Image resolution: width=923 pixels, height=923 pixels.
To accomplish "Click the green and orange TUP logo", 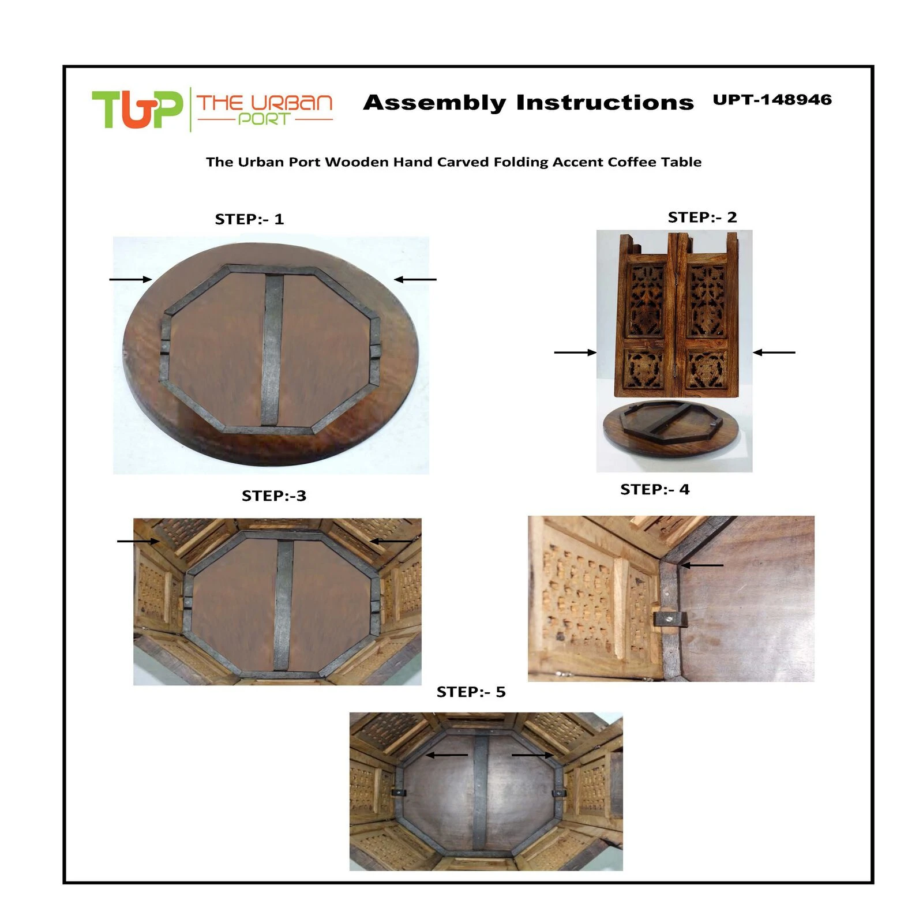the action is [137, 109].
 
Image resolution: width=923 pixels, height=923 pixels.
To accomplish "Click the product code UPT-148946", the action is [772, 100].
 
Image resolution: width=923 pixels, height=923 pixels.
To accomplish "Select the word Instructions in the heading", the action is [605, 102].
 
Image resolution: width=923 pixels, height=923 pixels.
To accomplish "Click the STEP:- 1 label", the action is [249, 219].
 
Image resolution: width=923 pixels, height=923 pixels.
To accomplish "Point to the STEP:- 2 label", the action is [702, 217].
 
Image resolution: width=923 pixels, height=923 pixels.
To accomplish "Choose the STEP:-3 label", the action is [274, 496].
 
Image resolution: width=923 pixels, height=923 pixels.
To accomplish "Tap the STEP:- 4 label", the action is [655, 490].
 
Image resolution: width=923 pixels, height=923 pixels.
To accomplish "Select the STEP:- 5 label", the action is [471, 692].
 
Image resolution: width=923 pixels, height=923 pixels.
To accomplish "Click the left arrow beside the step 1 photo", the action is [131, 280].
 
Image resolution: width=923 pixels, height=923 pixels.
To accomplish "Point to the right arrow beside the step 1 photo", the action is [415, 280].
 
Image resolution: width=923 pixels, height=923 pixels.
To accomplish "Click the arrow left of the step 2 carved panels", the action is [575, 352].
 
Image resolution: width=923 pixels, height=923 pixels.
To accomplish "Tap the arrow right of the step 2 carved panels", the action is [774, 352].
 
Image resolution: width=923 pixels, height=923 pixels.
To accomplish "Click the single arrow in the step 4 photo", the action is [701, 566].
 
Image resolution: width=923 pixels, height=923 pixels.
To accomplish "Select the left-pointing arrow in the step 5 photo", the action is [447, 755].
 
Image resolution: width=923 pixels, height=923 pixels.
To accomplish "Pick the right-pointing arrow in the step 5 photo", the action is [532, 755].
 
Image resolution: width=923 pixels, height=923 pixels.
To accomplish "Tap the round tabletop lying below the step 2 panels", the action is [670, 429].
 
